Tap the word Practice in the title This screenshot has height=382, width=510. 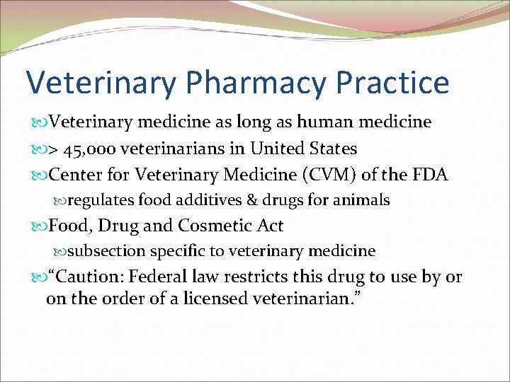(x=392, y=82)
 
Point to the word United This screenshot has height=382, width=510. (x=285, y=149)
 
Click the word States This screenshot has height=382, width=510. (x=334, y=149)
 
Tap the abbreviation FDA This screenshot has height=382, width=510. (x=430, y=175)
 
